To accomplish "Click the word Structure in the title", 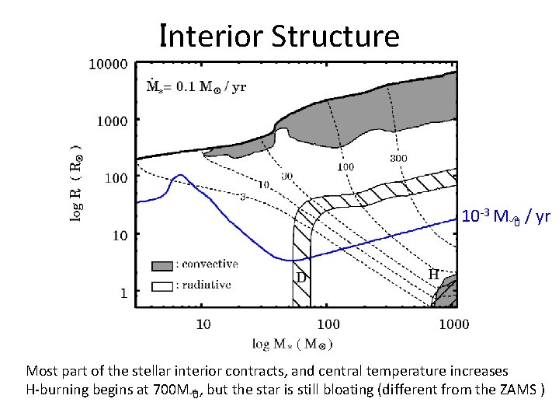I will (336, 36).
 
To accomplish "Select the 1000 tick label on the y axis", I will (112, 121).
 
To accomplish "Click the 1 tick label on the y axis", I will (123, 292).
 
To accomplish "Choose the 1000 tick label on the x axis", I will (453, 324).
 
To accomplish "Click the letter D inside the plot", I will (299, 276).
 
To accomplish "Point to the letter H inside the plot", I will (434, 275).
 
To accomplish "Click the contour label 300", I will (398, 158).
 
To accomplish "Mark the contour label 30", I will (287, 176).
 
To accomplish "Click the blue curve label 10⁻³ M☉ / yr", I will (505, 216).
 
